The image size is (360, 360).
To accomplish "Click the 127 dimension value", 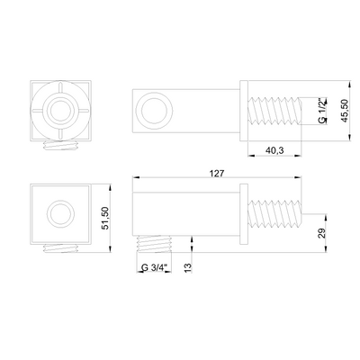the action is (217, 173).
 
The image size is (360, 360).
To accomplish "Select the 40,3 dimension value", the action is (274, 150).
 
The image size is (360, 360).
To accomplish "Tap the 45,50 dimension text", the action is (345, 111).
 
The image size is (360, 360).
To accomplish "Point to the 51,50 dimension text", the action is (105, 219).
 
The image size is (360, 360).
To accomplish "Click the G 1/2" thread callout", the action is (322, 111).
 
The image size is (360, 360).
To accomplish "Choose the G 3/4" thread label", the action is (154, 267).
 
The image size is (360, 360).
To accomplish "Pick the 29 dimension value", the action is (321, 233).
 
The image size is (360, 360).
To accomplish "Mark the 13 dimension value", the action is (188, 267).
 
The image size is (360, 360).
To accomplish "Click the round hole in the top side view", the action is (154, 111).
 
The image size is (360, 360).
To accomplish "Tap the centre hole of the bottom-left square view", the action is (60, 214).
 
